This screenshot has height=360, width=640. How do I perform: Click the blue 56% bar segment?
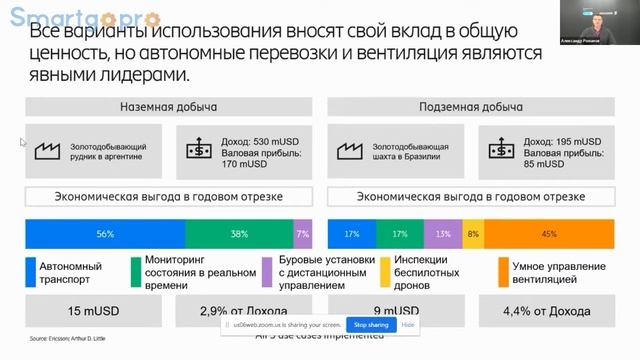[104, 233]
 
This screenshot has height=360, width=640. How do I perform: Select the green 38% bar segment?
[239, 233]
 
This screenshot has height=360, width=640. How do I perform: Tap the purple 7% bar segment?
[303, 233]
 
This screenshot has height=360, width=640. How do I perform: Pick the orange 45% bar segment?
[548, 233]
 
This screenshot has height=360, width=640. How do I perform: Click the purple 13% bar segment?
[442, 233]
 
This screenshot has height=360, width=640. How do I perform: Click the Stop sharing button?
[370, 324]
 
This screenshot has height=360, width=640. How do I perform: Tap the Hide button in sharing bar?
[408, 324]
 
